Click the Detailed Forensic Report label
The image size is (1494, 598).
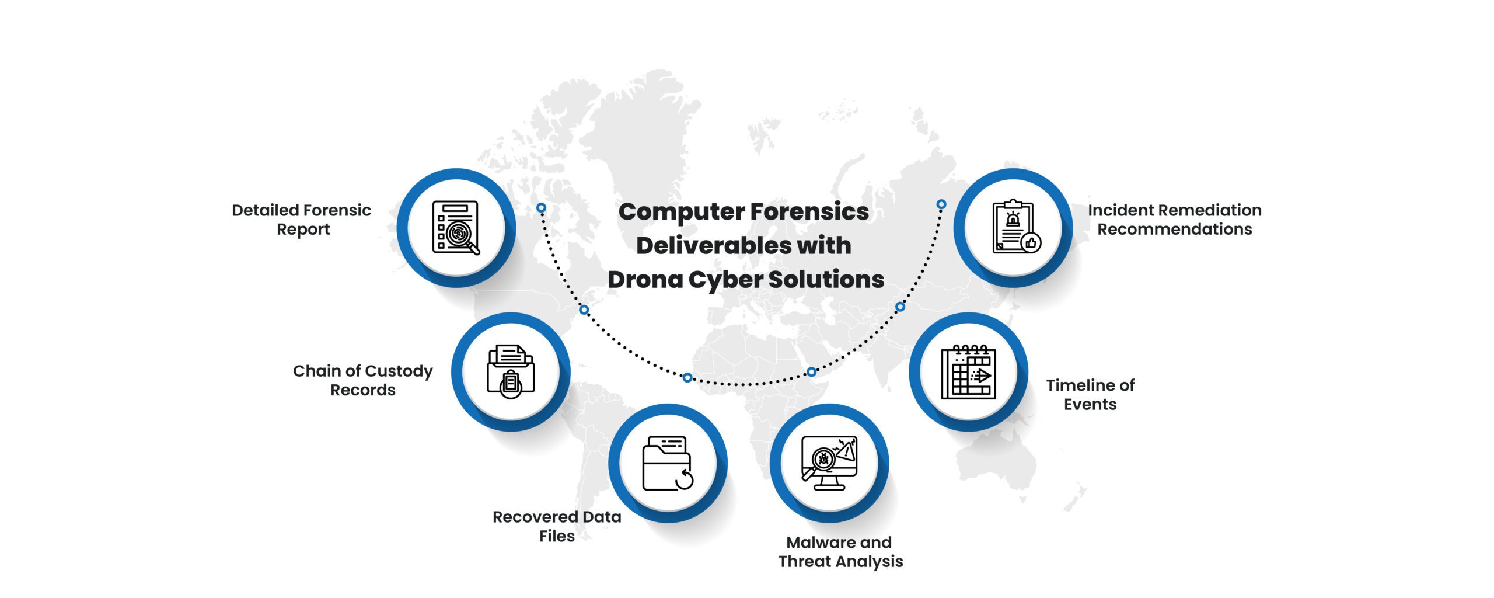point(301,220)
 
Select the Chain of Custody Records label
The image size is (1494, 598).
point(362,380)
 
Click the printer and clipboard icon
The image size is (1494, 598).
point(511,372)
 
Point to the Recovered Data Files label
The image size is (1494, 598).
point(557,526)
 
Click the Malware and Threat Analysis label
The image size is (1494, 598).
point(840,552)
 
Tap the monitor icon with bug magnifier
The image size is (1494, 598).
point(829,463)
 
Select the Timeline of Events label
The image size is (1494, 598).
point(1090,395)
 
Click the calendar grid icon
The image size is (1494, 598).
point(969,372)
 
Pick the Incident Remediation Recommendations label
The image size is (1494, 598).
point(1174,220)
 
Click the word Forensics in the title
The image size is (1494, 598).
point(809,212)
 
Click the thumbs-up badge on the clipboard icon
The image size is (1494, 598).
point(1031,243)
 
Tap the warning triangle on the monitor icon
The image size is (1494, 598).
point(846,450)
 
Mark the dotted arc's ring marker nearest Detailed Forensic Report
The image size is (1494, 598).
point(542,208)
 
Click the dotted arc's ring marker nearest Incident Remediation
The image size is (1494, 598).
point(941,204)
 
